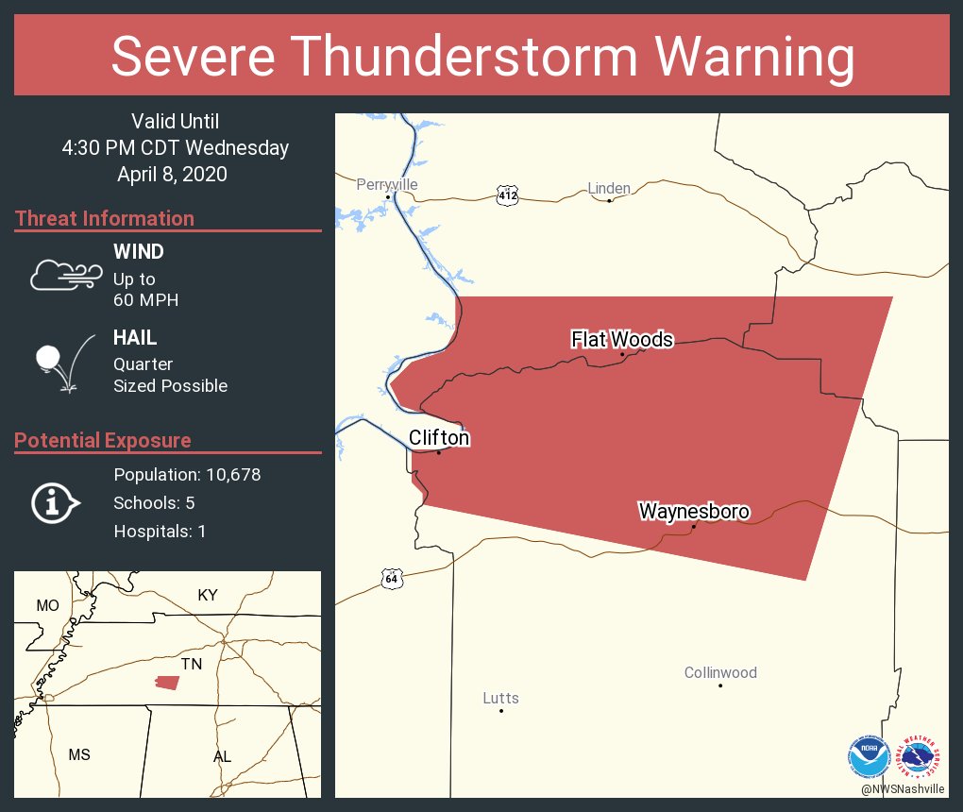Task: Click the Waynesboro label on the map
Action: [x=694, y=512]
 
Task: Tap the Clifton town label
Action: [x=438, y=438]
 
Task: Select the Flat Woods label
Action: [x=621, y=339]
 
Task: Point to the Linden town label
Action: [x=609, y=189]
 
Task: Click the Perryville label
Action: [x=387, y=185]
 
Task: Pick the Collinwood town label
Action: [x=720, y=673]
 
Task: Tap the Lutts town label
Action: [x=500, y=699]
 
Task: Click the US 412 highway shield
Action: [x=507, y=195]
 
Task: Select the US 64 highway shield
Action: [x=392, y=578]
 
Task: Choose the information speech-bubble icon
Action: [x=55, y=503]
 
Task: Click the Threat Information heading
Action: [x=105, y=219]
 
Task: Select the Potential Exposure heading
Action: [x=103, y=441]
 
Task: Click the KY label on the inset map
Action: [x=208, y=595]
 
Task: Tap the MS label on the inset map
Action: [x=79, y=754]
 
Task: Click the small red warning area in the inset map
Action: [x=167, y=682]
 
